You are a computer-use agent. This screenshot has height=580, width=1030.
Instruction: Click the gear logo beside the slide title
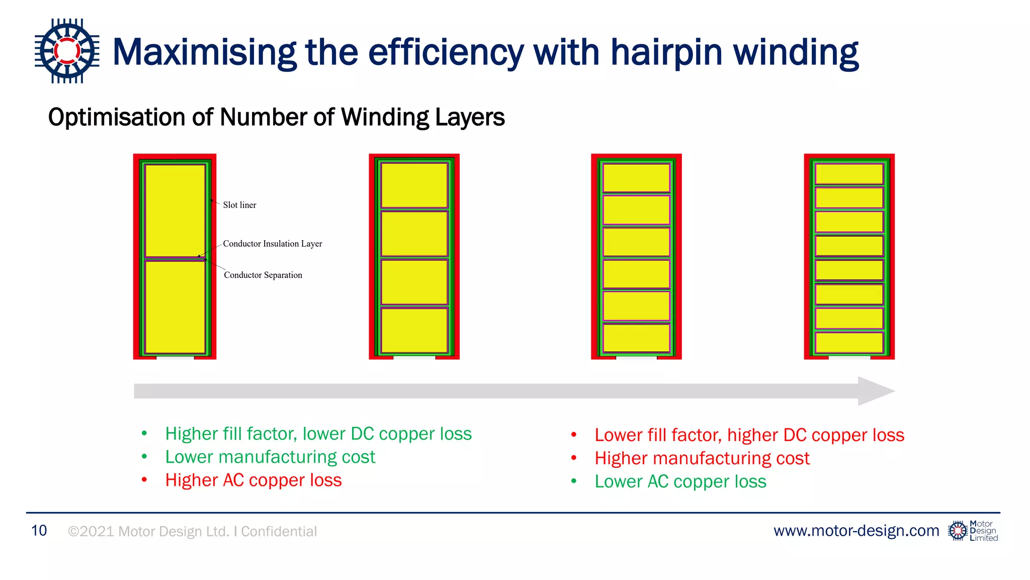pos(67,51)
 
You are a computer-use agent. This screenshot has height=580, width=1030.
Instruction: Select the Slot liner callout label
pos(239,205)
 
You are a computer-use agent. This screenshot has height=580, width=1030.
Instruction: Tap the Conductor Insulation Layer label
pos(272,244)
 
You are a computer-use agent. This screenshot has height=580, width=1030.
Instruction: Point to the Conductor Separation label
pos(263,275)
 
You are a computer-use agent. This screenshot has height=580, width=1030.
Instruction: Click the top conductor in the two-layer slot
pos(175,210)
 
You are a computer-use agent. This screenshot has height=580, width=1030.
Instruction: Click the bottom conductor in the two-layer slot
pos(175,307)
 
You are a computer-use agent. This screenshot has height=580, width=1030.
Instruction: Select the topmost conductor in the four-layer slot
pos(414,185)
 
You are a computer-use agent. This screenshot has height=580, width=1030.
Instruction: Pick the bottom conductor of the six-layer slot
pos(636,338)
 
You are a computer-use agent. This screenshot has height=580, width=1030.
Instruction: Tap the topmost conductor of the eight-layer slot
pos(849,174)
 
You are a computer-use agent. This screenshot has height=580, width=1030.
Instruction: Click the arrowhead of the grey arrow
pos(875,391)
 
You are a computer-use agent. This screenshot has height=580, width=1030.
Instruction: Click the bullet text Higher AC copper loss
pos(253,480)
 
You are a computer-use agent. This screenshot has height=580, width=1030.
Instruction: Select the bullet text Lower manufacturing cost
pos(270,457)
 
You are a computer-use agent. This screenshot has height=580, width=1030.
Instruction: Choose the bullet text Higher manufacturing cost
pos(702,459)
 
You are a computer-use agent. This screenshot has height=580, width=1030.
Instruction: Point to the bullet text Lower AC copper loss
pos(680,482)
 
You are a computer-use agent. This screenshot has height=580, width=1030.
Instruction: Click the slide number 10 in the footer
pos(39,531)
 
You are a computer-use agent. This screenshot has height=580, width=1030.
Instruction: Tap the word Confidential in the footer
pos(279,532)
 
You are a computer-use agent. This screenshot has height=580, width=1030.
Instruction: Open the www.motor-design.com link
pos(856,531)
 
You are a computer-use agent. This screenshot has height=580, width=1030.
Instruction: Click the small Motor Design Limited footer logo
pos(973,531)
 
